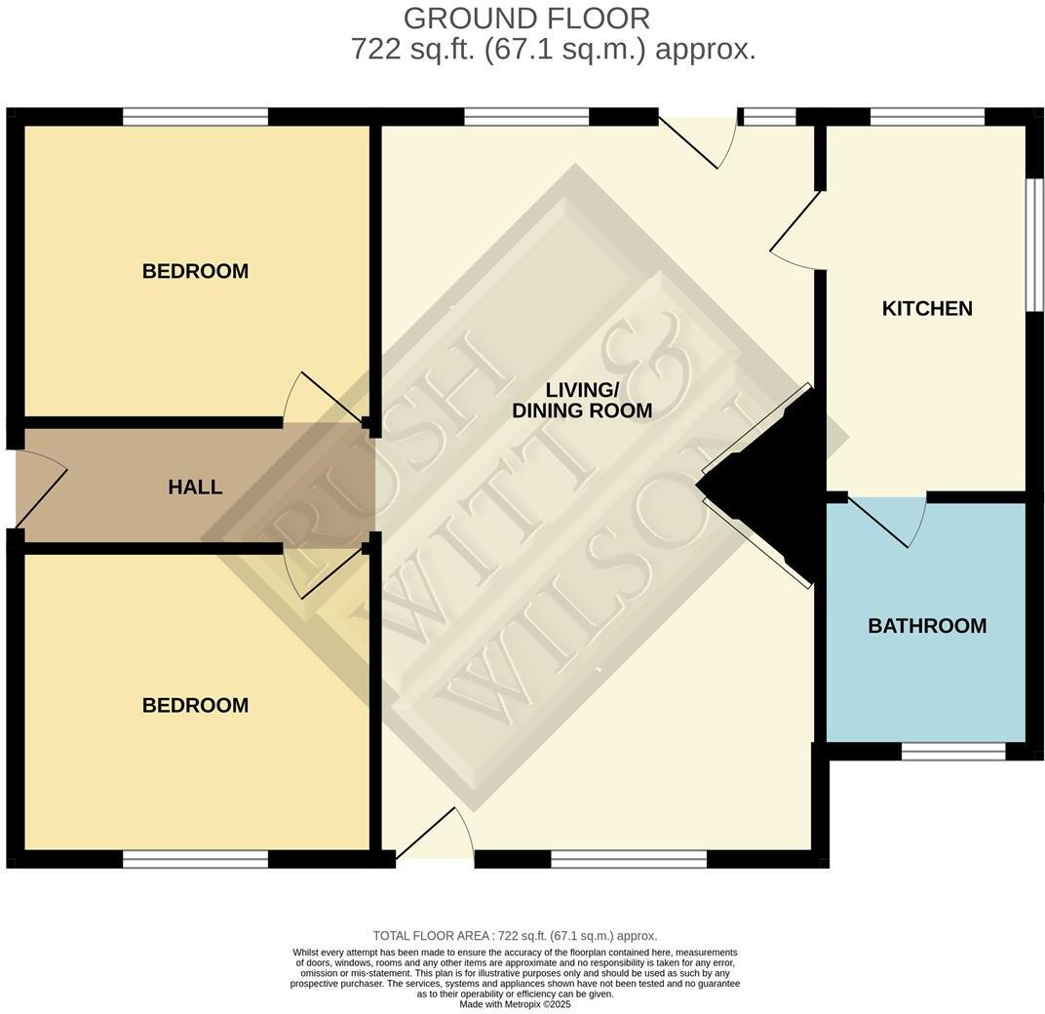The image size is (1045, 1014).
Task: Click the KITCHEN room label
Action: click(x=927, y=308)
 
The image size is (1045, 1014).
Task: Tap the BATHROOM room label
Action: click(x=927, y=626)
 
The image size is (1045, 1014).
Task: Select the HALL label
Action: click(x=195, y=487)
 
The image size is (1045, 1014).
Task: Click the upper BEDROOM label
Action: click(x=195, y=271)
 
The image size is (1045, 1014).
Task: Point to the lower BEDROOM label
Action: click(x=195, y=705)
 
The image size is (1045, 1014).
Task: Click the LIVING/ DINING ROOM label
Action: click(x=582, y=401)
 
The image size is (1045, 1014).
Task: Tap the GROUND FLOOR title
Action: click(x=526, y=19)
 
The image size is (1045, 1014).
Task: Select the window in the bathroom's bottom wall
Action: click(x=952, y=752)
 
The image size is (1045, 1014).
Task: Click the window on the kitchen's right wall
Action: click(x=1035, y=245)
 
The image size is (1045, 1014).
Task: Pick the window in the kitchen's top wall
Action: click(x=927, y=117)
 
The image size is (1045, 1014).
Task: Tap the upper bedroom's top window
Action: click(x=195, y=117)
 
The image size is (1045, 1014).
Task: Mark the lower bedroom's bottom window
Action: click(x=195, y=859)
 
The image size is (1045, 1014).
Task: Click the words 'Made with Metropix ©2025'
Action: click(x=515, y=1004)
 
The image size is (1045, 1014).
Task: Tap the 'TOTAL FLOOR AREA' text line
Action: click(x=515, y=936)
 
